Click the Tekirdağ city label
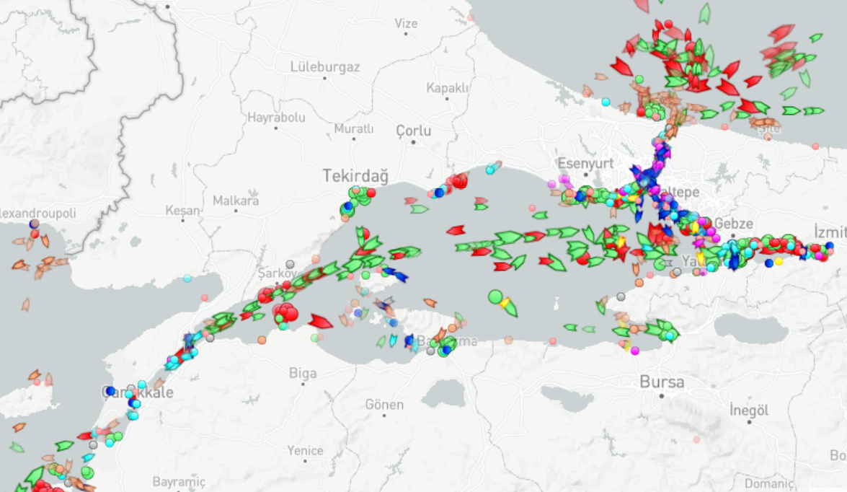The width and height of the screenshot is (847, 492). pos(355,175)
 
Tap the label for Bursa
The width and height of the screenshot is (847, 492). pos(662,382)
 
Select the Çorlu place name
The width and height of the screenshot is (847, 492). pos(413,131)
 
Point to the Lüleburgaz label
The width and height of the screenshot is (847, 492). pos(324,67)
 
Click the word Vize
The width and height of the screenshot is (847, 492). pos(406,23)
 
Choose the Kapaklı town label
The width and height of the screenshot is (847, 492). pos(447,87)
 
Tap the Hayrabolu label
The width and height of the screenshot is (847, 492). pos(276,117)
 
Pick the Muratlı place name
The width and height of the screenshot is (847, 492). pos(354,128)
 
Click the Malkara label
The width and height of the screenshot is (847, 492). pos(236,201)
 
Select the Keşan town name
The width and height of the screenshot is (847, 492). pos(182,210)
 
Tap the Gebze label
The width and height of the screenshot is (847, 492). pos(734,224)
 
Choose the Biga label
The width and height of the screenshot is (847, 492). pos(303,373)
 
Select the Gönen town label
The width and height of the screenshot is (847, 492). pos(384,405)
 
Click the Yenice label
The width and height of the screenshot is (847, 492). pos(306,450)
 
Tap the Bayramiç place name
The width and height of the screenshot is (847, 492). pos(179,481)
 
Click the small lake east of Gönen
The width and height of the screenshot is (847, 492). pos(442,394)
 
